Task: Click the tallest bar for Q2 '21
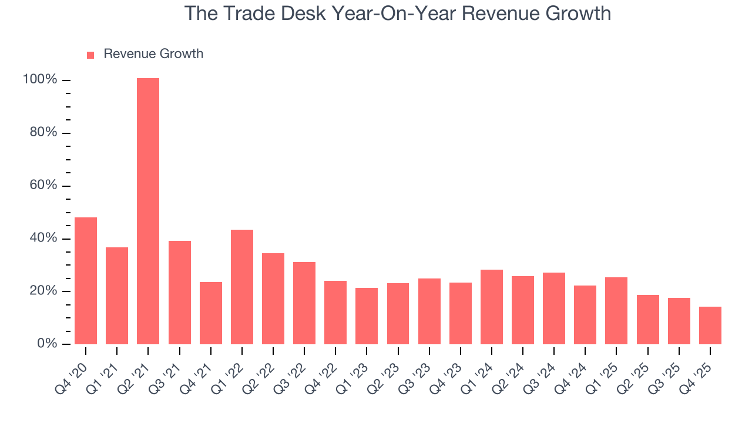click(x=148, y=211)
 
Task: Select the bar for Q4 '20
click(x=86, y=281)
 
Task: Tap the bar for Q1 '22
click(x=242, y=287)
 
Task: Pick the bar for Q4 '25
click(x=710, y=325)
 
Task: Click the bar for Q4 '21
click(x=211, y=313)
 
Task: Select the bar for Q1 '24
click(x=492, y=307)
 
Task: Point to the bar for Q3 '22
click(x=304, y=303)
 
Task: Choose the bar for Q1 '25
click(x=616, y=311)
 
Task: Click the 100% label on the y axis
click(x=40, y=79)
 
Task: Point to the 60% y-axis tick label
click(x=43, y=185)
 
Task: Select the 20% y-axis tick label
click(x=43, y=291)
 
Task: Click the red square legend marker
click(x=90, y=55)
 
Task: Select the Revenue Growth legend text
click(x=153, y=54)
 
